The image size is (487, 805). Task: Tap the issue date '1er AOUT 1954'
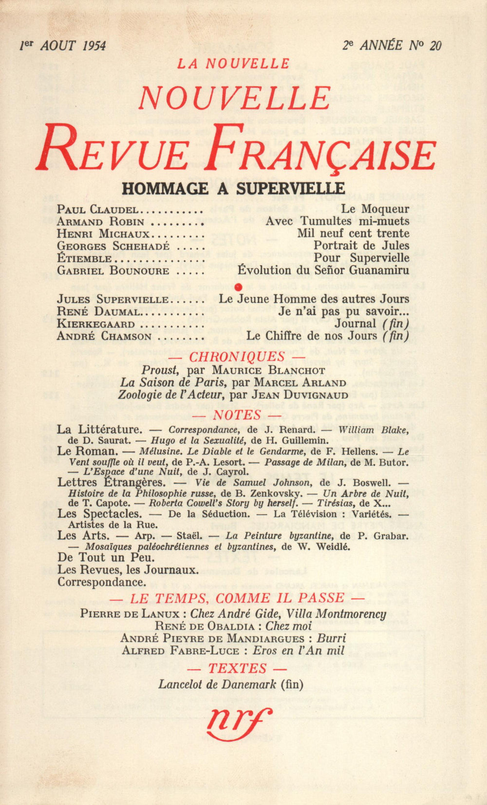[62, 46]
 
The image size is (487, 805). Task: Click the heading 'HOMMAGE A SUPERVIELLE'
[233, 188]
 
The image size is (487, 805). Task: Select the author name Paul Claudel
[98, 210]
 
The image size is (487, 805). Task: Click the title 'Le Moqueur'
[375, 209]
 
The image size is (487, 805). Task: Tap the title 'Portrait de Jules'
[361, 246]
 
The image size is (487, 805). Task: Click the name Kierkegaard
[95, 324]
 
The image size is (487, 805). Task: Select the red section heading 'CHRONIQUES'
[237, 356]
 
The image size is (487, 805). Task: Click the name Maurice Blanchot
[268, 370]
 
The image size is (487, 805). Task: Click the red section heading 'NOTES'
[237, 415]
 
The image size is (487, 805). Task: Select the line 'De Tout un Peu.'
[106, 557]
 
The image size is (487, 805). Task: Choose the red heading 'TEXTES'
[237, 668]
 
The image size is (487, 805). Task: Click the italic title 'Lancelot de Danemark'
[217, 684]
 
